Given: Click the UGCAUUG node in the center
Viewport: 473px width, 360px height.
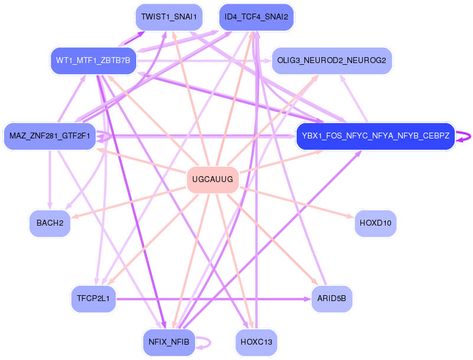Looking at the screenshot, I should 212,179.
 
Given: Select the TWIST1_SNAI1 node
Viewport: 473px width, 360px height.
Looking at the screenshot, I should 169,17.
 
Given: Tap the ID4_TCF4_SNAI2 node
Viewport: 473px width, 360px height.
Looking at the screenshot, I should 256,17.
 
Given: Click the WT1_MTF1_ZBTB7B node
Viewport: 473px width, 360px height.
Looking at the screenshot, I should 93,61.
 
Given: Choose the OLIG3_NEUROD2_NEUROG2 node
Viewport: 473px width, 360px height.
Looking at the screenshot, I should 331,61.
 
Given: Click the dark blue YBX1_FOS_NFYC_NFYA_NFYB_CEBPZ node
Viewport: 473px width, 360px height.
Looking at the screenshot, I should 376,136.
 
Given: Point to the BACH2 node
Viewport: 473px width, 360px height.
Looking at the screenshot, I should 50,223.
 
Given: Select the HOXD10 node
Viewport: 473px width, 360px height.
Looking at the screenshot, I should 376,223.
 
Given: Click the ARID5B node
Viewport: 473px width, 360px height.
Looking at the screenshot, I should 331,299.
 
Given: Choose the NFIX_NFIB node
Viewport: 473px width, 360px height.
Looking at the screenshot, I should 169,342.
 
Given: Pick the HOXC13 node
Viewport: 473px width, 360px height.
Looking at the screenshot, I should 256,342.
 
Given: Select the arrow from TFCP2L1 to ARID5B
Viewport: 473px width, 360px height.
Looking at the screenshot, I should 212,299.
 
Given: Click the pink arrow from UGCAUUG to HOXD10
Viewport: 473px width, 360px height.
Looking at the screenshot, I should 295,201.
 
